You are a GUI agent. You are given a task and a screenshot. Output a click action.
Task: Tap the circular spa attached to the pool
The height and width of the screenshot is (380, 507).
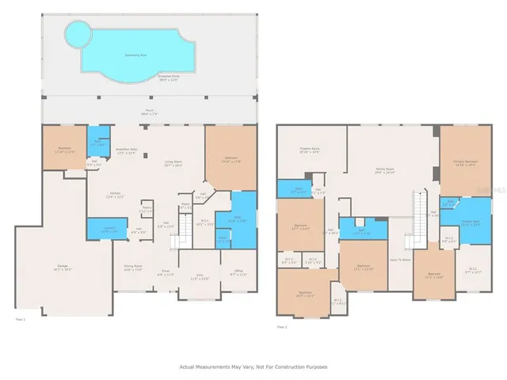(x=77, y=34)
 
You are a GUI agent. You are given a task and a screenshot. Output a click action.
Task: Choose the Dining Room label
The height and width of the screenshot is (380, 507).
(x=132, y=268)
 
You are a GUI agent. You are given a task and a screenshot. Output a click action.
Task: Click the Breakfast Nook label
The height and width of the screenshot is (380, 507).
(x=127, y=151)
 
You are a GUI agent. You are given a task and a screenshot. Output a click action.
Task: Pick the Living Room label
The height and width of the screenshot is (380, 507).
(x=173, y=164)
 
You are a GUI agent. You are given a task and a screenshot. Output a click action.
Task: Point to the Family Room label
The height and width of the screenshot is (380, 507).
(x=384, y=171)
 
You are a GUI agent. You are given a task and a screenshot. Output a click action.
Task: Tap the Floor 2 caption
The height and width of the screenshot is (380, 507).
(x=282, y=326)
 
